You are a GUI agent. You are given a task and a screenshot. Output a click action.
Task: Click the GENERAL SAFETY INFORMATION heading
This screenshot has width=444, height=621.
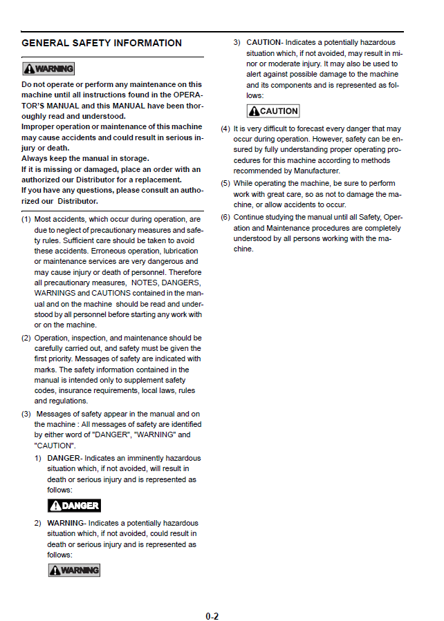(x=102, y=43)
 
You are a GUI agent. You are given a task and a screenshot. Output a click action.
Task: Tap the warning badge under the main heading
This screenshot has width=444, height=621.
(x=48, y=68)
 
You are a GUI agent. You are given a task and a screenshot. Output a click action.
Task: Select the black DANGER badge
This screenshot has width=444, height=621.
(x=74, y=506)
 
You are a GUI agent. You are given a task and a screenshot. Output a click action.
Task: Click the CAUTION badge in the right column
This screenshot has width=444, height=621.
(x=273, y=111)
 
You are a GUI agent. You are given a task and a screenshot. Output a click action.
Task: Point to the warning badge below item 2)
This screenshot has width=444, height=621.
(x=74, y=570)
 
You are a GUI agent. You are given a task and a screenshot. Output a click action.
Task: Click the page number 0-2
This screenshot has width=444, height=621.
(x=212, y=615)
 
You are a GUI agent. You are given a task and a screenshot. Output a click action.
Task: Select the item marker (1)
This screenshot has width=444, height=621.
(x=26, y=220)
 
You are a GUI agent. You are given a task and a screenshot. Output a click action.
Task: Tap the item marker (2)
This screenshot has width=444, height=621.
(x=26, y=338)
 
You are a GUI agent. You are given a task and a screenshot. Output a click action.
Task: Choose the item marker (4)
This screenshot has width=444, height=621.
(x=225, y=129)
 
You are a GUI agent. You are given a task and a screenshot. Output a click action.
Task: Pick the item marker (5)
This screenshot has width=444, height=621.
(x=225, y=184)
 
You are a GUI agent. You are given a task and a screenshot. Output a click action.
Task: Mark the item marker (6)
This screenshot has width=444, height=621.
(x=225, y=217)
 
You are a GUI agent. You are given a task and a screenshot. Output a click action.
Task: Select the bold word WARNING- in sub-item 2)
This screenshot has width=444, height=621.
(x=66, y=523)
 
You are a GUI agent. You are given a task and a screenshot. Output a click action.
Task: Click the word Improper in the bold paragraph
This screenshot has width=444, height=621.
(x=39, y=127)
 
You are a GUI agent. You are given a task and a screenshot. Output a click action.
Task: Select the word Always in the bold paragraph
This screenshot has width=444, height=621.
(x=35, y=159)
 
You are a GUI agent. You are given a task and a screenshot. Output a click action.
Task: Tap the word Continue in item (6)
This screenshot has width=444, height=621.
(x=250, y=217)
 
